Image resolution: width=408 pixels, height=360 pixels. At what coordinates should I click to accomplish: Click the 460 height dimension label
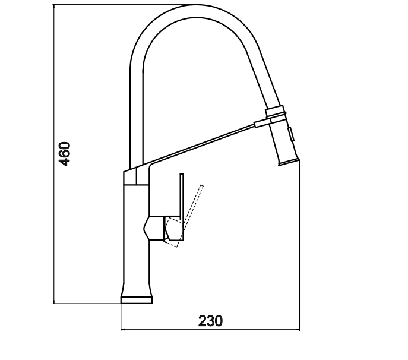pos(65,154)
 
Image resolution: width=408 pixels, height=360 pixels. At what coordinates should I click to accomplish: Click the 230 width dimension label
pos(210,321)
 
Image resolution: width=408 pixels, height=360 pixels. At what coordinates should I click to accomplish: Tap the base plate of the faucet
pos(137,300)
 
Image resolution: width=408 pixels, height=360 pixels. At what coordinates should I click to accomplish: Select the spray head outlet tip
pos(289,162)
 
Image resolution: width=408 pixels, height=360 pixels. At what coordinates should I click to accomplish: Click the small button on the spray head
pos(291,134)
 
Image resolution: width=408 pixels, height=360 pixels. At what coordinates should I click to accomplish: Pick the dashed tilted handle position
pos(184,217)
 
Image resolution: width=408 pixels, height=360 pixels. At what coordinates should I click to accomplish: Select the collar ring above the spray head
pos(274,110)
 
